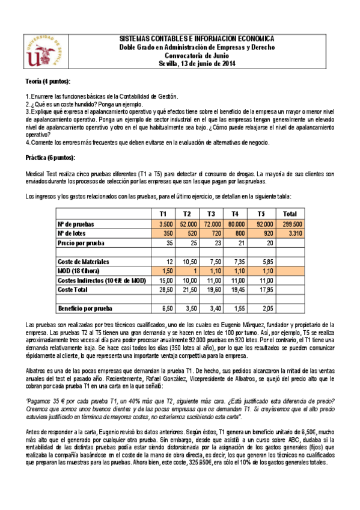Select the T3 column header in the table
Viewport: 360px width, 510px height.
(x=211, y=214)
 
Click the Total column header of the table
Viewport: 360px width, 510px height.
(x=289, y=214)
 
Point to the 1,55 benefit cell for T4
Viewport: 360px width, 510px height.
(x=236, y=310)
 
